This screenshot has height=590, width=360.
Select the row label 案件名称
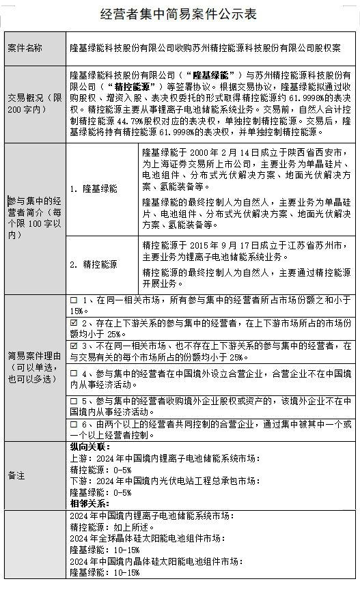pos(25,48)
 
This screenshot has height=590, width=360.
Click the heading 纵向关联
pos(85,445)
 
